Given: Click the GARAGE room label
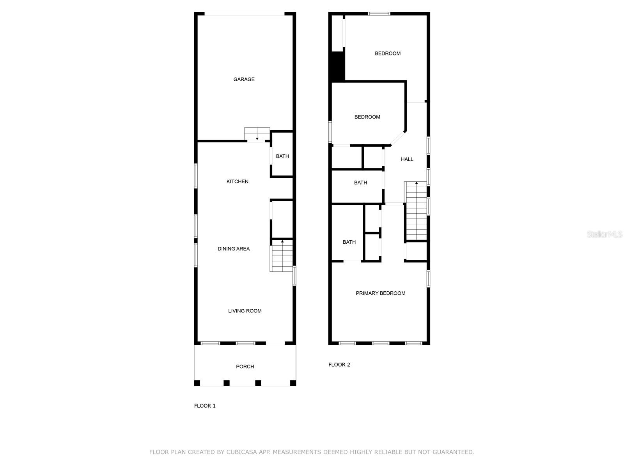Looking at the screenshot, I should (x=244, y=79).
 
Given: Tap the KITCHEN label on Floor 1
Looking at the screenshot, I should (x=237, y=181).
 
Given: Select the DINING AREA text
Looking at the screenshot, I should (x=234, y=249).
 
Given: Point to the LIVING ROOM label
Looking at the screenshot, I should (x=245, y=311).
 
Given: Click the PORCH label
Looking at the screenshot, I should (x=245, y=367).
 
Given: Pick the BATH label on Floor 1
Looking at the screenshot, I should (x=282, y=156).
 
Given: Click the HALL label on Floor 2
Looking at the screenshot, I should (x=407, y=159).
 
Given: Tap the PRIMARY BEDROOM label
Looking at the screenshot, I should (x=380, y=293).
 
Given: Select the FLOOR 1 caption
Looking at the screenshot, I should (x=205, y=406).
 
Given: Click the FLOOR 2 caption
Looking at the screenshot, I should (x=339, y=365).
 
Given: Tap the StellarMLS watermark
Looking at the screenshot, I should (x=604, y=234).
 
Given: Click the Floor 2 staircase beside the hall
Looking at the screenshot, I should (x=416, y=211).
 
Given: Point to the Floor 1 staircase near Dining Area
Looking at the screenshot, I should (x=282, y=256).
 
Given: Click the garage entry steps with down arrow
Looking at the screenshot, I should (x=257, y=134).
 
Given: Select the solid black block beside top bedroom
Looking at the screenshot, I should (x=337, y=66).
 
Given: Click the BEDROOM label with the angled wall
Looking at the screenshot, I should (x=367, y=117).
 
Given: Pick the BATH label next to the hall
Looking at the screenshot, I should (x=360, y=183).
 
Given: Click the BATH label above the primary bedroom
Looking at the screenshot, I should (x=349, y=242).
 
